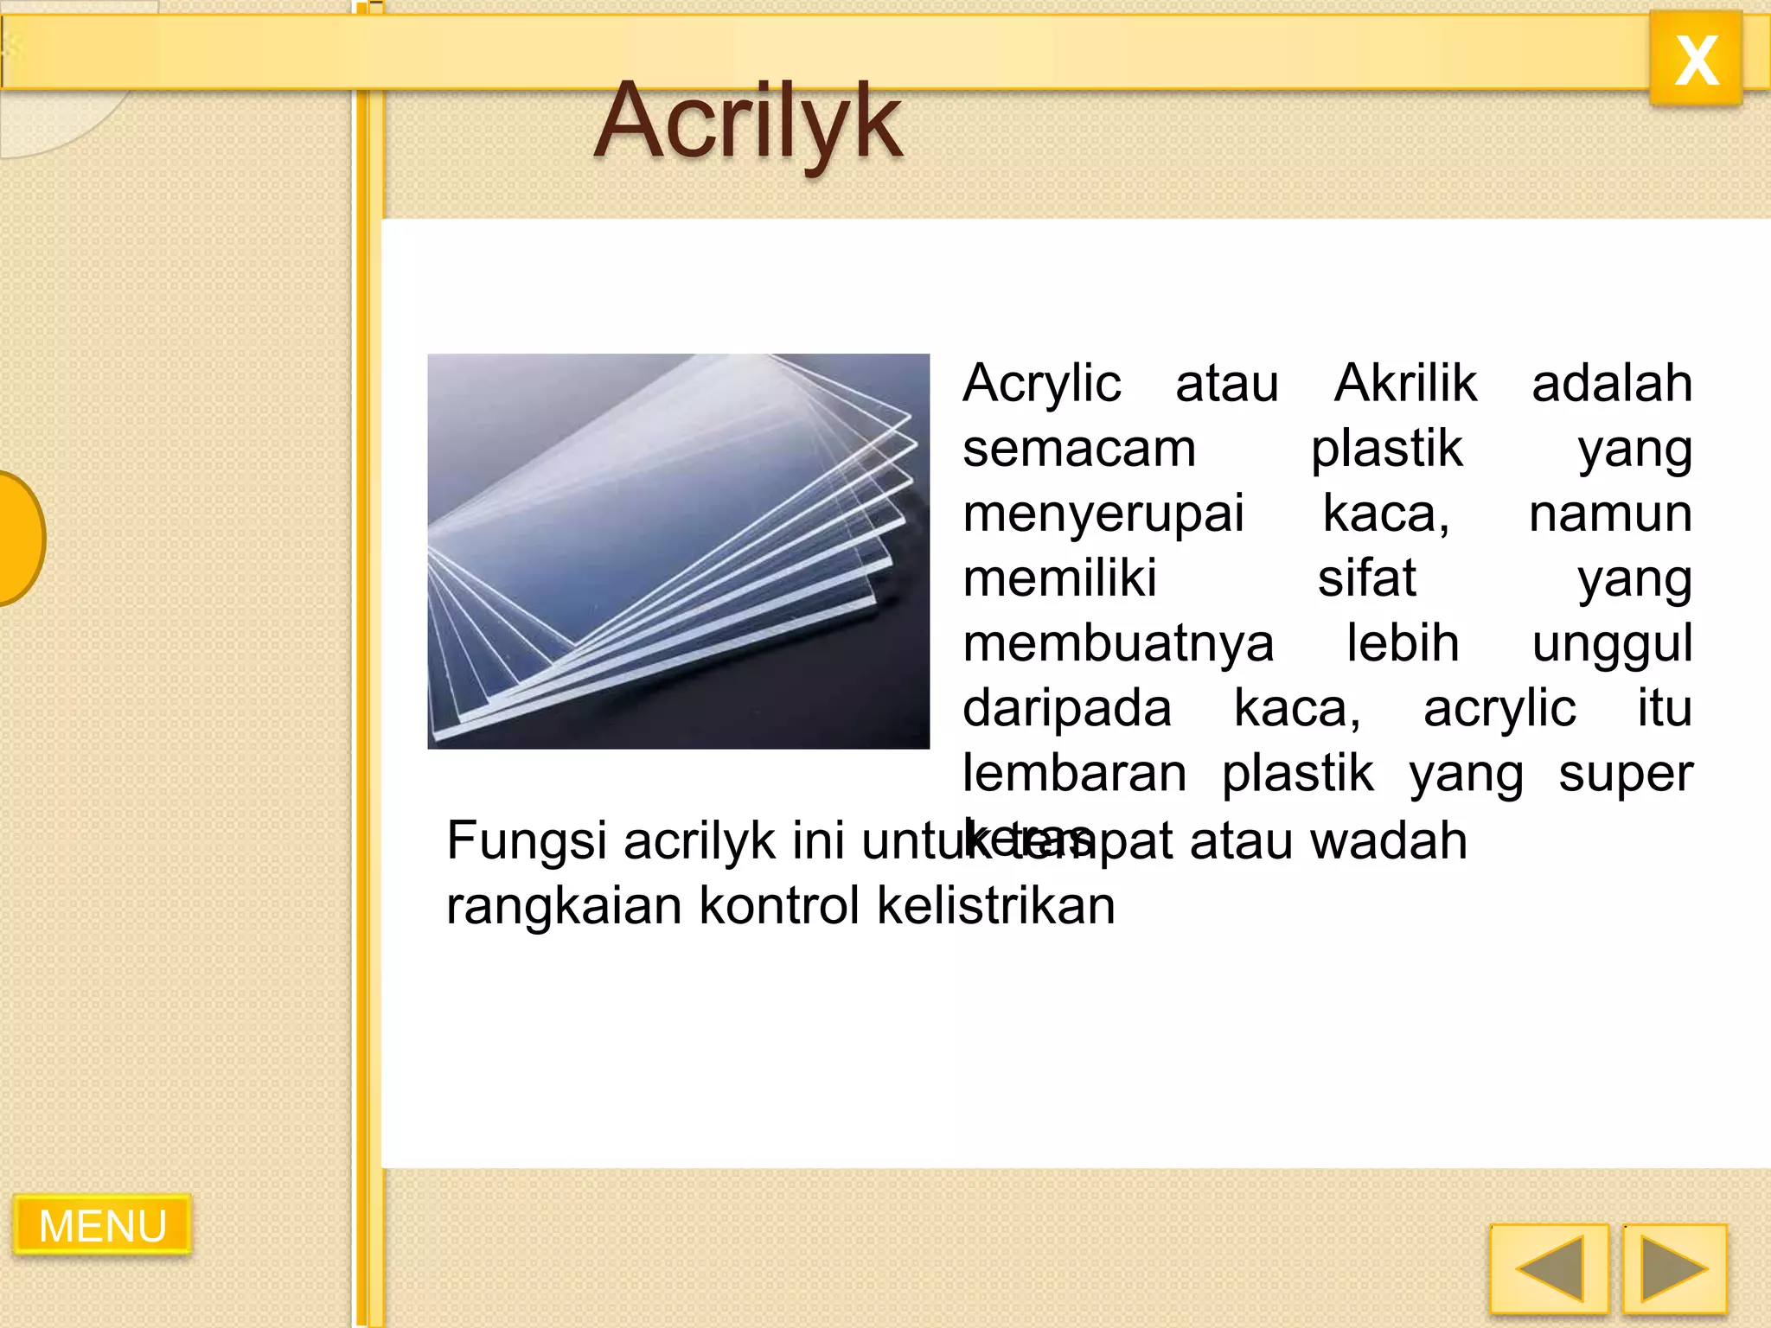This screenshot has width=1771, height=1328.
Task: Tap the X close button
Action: click(x=1696, y=60)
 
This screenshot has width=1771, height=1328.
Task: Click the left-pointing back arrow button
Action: click(x=1549, y=1268)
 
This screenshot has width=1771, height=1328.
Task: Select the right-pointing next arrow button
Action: click(x=1674, y=1268)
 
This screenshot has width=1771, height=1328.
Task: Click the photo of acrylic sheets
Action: click(x=678, y=551)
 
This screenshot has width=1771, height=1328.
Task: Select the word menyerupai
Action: click(x=1103, y=514)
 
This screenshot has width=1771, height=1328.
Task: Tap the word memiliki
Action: click(x=1059, y=578)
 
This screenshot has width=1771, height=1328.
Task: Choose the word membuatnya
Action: click(x=1118, y=644)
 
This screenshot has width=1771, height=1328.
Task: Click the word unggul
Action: click(x=1612, y=644)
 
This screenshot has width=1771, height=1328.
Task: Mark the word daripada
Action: click(x=1067, y=709)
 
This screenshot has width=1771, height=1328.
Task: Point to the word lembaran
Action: click(x=1074, y=773)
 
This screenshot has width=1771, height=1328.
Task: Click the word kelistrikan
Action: click(x=995, y=905)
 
